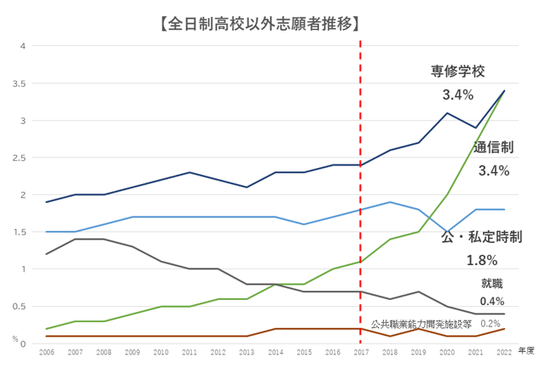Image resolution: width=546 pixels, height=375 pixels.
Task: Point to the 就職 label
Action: coord(493,283)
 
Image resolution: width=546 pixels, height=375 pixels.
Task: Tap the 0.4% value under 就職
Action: coord(492,301)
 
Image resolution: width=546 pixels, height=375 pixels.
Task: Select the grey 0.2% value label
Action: coord(491,323)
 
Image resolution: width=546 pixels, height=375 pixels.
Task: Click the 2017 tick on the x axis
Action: coord(360,350)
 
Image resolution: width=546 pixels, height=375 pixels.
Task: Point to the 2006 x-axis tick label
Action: coord(46,350)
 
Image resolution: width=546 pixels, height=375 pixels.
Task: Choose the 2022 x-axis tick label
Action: coord(503,350)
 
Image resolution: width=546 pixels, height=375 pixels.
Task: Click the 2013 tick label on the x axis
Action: coord(246,350)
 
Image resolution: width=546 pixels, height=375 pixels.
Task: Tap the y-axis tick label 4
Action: coord(25,46)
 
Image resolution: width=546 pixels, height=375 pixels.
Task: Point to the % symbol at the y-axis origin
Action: coord(26,341)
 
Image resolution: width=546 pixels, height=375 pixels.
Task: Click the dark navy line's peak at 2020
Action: coord(446,113)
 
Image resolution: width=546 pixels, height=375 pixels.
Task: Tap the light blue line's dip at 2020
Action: coord(446,232)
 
